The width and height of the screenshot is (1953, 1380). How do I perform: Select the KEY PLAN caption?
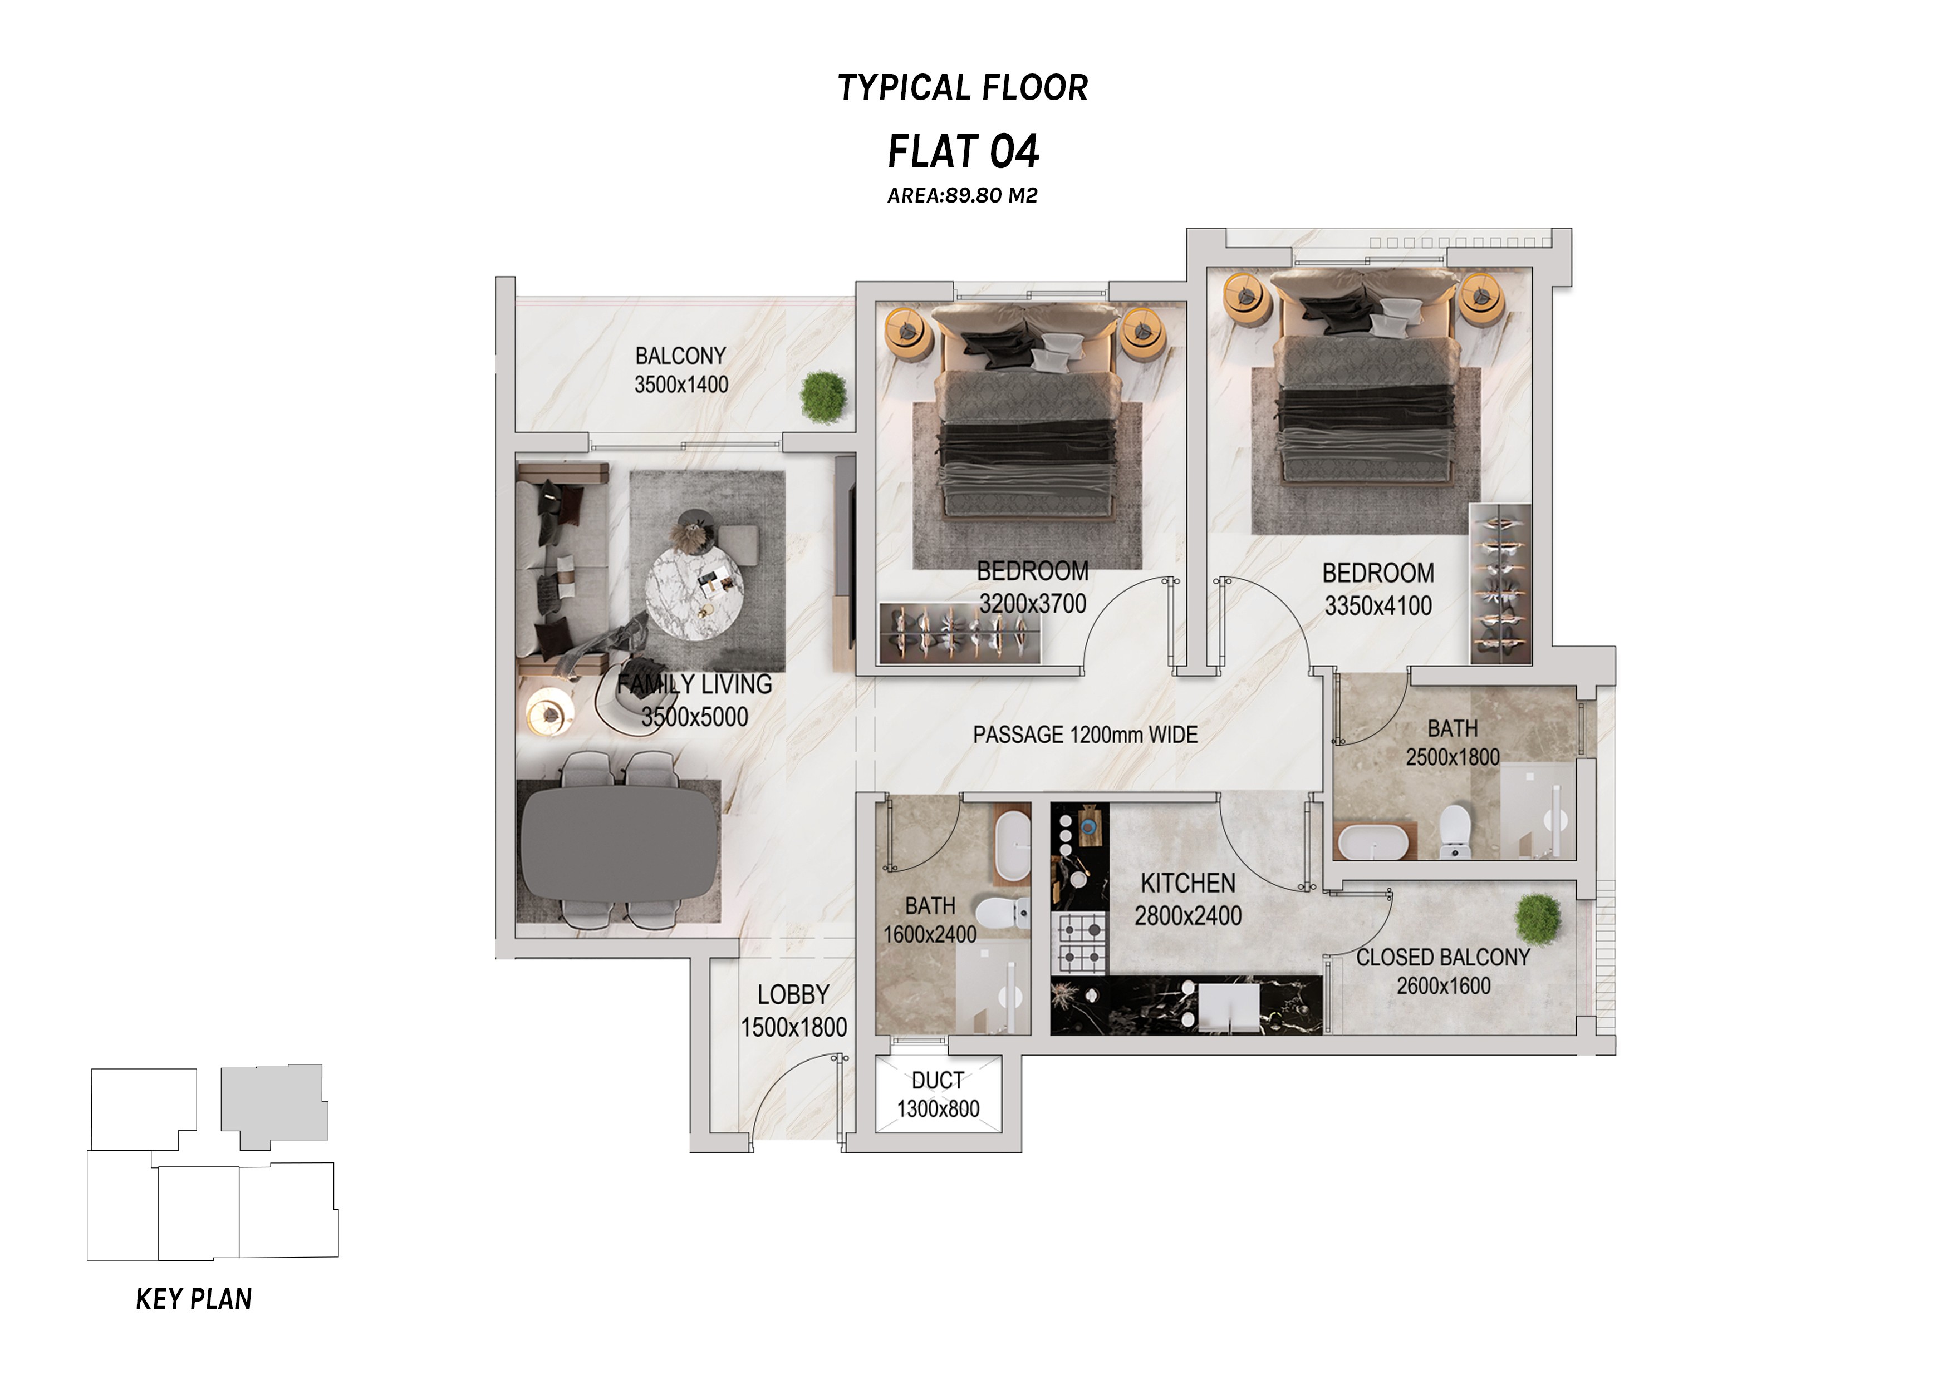click(x=194, y=1299)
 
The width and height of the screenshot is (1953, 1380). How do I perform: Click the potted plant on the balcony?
click(x=823, y=396)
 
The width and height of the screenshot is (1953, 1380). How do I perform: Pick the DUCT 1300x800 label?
click(x=938, y=1095)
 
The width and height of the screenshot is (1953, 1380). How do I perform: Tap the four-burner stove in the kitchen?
click(x=1080, y=943)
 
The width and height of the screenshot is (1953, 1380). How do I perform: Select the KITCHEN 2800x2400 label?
click(x=1188, y=899)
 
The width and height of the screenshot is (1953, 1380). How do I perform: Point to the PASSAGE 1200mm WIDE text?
click(x=1086, y=735)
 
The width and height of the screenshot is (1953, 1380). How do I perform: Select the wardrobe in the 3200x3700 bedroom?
click(x=960, y=632)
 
